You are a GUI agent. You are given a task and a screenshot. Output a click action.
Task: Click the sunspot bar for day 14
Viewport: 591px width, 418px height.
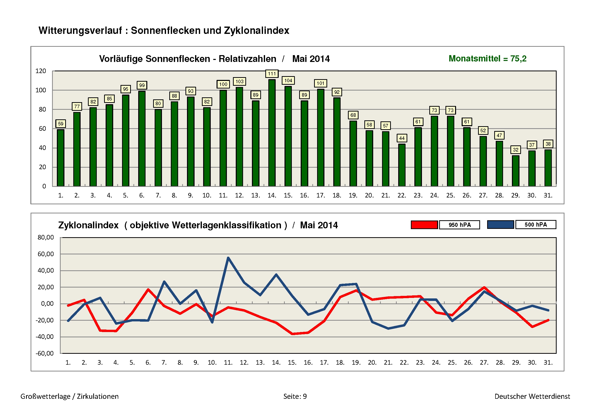click(x=272, y=133)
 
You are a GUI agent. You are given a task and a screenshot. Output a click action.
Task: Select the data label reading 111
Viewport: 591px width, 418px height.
click(x=272, y=74)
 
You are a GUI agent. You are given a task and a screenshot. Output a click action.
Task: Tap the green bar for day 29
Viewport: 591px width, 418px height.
click(x=516, y=171)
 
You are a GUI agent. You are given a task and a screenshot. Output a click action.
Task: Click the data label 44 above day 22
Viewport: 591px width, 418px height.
click(x=402, y=138)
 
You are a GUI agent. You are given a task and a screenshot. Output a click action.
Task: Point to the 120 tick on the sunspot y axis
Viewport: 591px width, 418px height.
click(x=41, y=71)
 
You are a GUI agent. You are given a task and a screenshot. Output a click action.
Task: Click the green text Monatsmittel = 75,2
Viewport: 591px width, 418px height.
click(x=487, y=59)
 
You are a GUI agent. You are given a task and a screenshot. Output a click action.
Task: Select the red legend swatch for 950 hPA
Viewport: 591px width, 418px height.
click(x=424, y=225)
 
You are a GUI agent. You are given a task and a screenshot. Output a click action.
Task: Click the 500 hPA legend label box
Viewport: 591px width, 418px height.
click(x=536, y=225)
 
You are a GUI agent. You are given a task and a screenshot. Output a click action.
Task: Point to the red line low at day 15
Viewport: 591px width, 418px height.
click(x=292, y=334)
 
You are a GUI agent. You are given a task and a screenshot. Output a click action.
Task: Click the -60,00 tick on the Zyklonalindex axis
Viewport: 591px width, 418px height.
click(x=44, y=353)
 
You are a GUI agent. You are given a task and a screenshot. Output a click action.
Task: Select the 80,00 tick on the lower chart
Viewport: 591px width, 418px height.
click(x=45, y=237)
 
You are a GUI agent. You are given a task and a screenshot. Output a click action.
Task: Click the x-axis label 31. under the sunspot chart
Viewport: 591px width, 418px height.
click(x=548, y=195)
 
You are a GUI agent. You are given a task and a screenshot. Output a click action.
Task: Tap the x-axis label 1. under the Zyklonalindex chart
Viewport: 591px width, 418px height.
click(x=68, y=363)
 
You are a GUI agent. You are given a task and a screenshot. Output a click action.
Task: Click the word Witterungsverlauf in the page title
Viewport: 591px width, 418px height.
click(x=80, y=30)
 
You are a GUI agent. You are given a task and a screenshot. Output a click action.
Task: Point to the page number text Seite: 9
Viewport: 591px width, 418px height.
click(x=295, y=396)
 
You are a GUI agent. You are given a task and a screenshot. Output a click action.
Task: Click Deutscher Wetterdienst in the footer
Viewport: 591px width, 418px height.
click(x=532, y=396)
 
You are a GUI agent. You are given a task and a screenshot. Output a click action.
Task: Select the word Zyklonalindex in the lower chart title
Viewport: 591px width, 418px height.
click(x=88, y=225)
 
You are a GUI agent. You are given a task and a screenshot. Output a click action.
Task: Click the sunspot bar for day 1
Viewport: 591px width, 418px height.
click(x=60, y=158)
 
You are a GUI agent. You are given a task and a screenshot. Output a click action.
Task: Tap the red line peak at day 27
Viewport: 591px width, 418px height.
click(x=484, y=288)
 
